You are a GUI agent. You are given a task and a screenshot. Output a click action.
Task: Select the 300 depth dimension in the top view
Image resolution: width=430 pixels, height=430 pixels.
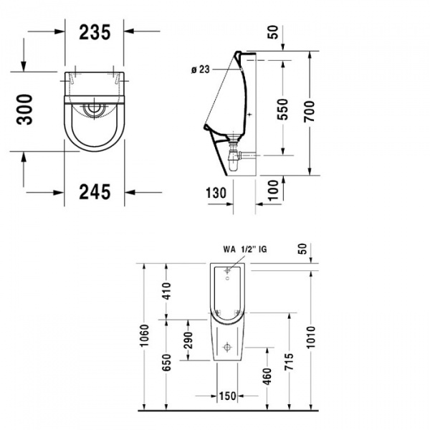[26, 109]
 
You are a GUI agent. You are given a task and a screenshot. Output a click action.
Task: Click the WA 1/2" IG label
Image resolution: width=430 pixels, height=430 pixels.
[243, 250]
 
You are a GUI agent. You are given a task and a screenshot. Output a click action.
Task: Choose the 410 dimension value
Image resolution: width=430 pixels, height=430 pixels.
[166, 290]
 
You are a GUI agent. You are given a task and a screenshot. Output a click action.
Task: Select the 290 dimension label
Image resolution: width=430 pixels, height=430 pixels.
[188, 339]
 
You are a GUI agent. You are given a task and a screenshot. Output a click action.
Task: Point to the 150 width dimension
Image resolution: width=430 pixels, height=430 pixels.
[228, 396]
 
